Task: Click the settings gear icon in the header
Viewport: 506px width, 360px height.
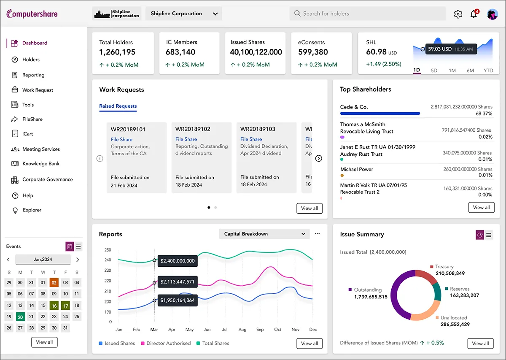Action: tap(458, 14)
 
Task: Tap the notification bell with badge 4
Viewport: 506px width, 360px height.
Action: tap(474, 14)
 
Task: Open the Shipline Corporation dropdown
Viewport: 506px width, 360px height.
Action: tap(184, 14)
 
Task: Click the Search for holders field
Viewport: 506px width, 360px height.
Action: tap(367, 14)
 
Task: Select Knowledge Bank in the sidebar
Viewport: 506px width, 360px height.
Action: tap(40, 164)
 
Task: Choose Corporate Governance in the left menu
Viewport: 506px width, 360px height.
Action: tap(47, 179)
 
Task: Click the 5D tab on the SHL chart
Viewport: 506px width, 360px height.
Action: tap(434, 70)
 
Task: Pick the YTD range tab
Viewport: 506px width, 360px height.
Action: tap(488, 70)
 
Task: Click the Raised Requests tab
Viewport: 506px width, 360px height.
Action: tap(118, 106)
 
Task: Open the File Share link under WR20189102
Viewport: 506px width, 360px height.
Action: tap(186, 139)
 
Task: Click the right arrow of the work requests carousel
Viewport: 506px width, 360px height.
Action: tap(319, 158)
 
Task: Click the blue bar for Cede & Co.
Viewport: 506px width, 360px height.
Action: tap(379, 114)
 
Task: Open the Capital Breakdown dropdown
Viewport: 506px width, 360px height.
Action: tap(264, 234)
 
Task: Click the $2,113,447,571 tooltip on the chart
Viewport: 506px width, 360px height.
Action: tap(177, 282)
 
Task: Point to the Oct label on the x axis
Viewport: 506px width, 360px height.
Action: tap(277, 330)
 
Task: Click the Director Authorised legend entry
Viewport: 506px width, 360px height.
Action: tap(168, 344)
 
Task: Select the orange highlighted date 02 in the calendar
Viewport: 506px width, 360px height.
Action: tap(54, 283)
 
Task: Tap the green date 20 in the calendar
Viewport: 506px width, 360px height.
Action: tap(20, 317)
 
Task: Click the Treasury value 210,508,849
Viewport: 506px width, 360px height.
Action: tap(450, 273)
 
